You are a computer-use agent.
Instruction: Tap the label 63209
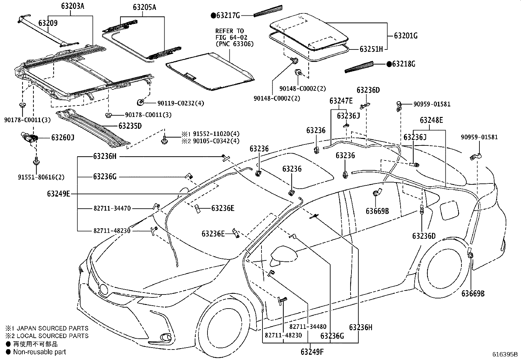(48, 23)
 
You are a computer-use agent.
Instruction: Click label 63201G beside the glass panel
(405, 36)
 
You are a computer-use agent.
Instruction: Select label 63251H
(371, 49)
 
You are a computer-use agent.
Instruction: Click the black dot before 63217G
(213, 15)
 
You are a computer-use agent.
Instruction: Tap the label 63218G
(404, 64)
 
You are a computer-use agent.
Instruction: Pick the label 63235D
(130, 126)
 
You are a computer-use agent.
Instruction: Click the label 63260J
(63, 138)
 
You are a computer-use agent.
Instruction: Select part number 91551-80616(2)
(41, 177)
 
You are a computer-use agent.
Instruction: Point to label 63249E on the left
(59, 194)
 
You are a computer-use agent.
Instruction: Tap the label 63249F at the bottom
(312, 352)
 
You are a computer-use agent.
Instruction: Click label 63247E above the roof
(341, 101)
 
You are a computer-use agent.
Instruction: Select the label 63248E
(431, 120)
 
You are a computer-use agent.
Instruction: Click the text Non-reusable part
(39, 352)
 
